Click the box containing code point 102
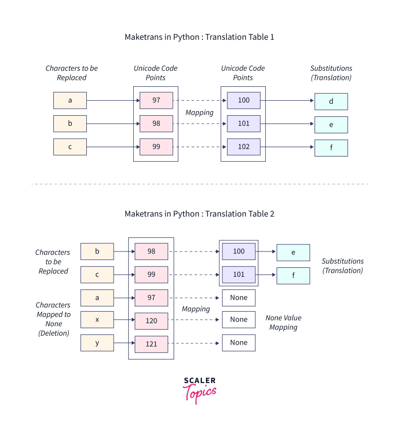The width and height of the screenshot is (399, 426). (x=243, y=147)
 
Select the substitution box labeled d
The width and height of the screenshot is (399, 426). (x=331, y=101)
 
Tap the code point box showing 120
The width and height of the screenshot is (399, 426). (x=151, y=321)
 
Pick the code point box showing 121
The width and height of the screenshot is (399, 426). (x=151, y=344)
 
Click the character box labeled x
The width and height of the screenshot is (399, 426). (x=97, y=320)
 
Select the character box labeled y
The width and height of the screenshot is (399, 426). (x=97, y=343)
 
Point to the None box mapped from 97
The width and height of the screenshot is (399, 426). (x=238, y=298)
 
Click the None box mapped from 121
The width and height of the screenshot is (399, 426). (x=238, y=343)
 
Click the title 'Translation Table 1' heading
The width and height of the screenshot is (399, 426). (x=199, y=37)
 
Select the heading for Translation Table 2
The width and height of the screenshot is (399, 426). (x=199, y=213)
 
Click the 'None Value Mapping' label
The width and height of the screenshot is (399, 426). (x=283, y=322)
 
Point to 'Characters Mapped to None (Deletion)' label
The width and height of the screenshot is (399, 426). (x=53, y=319)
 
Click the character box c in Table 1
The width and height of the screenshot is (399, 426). (x=70, y=147)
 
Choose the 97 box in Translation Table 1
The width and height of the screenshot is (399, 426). (x=156, y=100)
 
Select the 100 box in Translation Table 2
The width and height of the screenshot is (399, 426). (x=238, y=251)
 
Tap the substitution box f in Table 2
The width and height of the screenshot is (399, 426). (x=293, y=275)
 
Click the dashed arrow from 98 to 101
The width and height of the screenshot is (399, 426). (x=199, y=124)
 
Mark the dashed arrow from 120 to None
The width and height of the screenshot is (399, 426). (x=195, y=320)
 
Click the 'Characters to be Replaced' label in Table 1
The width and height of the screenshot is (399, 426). (x=71, y=73)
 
